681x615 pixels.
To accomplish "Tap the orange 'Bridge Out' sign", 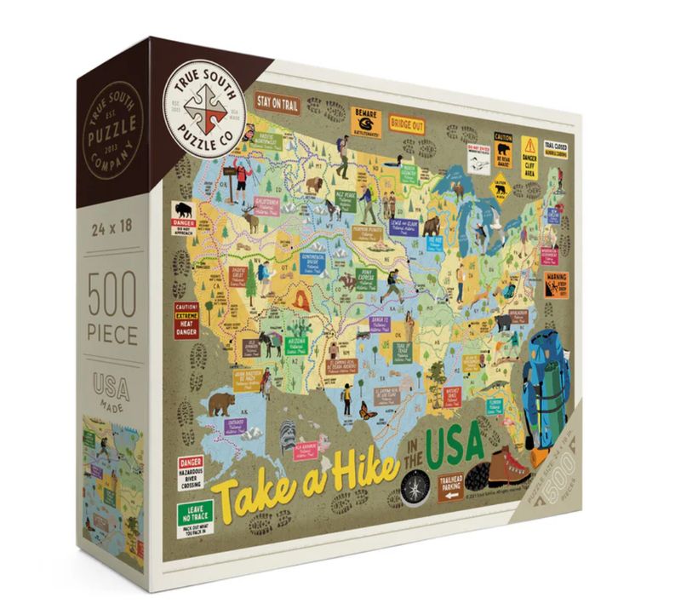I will (x=406, y=123).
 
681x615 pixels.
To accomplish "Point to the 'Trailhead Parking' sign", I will (x=451, y=487).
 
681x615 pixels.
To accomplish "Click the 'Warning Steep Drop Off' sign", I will (x=557, y=282).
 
